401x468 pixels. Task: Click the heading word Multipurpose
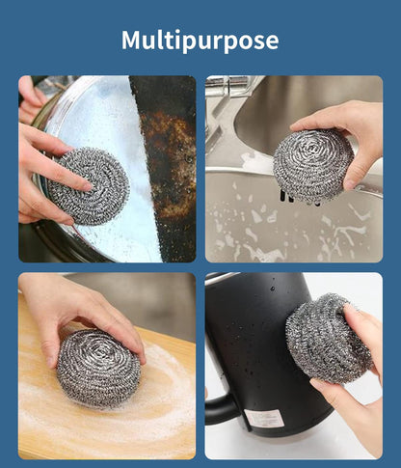point(200,41)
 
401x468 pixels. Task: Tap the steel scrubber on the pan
point(89,185)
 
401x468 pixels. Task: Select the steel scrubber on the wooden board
point(98,367)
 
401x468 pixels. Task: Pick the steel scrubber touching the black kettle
point(329,338)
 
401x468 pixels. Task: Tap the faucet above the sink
point(231,96)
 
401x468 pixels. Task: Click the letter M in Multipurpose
point(131,41)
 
